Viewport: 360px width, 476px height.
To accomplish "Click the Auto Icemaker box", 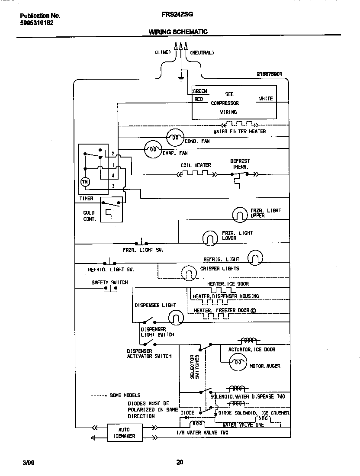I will tap(121, 433).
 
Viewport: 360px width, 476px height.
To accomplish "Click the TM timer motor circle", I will tap(85, 182).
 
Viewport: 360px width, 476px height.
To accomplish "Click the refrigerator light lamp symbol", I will tap(255, 258).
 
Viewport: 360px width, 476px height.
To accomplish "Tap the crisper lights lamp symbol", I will tap(189, 273).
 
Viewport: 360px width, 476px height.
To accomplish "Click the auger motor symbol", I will tap(238, 363).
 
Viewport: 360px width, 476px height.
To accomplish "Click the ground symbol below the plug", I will tap(181, 79).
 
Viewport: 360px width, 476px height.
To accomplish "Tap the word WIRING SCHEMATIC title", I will tap(178, 32).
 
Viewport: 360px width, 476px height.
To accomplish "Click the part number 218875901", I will tap(269, 74).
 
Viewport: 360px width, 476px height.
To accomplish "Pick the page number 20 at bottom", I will tap(180, 462).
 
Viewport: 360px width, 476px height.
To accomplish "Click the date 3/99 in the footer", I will tap(28, 462).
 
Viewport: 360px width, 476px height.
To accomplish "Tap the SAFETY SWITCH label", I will tap(109, 283).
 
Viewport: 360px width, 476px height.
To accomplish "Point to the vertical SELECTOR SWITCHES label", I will tap(194, 367).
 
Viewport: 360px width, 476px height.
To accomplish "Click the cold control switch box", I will tap(111, 210).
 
